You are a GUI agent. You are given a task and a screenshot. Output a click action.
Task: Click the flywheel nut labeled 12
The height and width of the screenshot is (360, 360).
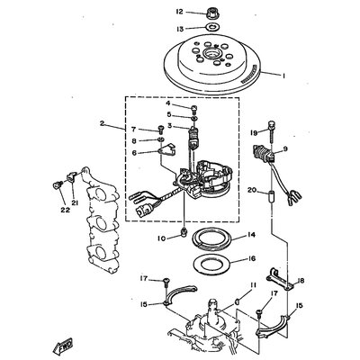(212, 13)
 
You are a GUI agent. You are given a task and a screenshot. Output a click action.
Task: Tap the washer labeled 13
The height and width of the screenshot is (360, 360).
(212, 28)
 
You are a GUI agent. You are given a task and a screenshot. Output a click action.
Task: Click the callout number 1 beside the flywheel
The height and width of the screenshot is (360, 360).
(283, 76)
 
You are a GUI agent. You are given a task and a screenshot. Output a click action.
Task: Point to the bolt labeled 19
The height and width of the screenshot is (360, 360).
(271, 132)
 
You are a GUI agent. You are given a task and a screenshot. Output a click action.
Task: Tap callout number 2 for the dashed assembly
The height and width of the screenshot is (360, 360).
(103, 123)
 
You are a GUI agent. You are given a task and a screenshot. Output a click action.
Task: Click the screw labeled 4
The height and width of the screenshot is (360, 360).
(193, 108)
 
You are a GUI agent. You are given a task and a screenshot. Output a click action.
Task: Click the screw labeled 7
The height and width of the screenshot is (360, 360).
(161, 130)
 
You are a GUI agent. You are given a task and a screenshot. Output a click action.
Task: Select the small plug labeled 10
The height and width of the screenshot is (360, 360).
(184, 231)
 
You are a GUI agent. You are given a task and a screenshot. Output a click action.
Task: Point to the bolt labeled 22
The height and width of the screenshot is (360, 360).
(57, 185)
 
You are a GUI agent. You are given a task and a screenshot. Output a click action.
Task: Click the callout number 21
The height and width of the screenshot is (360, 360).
(75, 203)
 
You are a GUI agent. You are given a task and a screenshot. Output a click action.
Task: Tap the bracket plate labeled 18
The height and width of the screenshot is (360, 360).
(280, 279)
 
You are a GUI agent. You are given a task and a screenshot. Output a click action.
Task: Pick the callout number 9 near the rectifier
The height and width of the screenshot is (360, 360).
(284, 148)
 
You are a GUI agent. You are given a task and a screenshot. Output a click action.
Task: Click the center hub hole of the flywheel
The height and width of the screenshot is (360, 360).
(210, 55)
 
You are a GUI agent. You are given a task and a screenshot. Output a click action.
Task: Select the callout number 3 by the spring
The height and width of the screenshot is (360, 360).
(170, 126)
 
